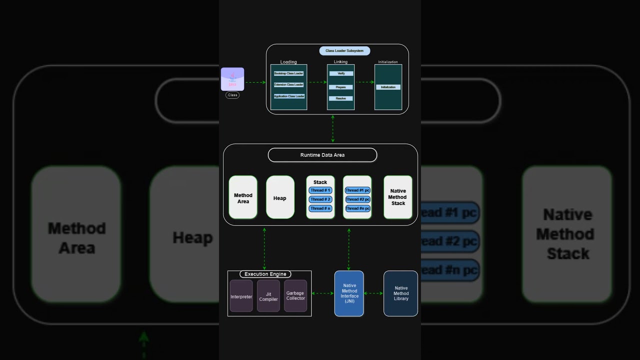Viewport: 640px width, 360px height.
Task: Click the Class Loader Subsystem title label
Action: click(x=344, y=50)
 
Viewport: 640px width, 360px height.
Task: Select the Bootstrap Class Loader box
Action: click(x=289, y=73)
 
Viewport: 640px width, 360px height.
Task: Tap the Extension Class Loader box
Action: click(x=289, y=84)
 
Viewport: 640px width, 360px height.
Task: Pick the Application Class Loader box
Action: click(x=289, y=96)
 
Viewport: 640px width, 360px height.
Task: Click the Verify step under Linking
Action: click(x=341, y=73)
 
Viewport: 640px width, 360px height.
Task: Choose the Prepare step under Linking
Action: click(x=341, y=87)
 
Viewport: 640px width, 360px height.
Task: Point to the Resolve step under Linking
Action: click(x=341, y=98)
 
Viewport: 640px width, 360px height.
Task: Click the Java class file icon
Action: click(x=232, y=79)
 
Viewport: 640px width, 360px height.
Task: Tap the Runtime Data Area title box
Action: click(x=322, y=155)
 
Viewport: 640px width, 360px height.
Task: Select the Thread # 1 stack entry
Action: click(x=320, y=190)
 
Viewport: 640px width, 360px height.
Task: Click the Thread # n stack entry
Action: click(x=320, y=208)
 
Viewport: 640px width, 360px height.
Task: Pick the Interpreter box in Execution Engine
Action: click(x=241, y=296)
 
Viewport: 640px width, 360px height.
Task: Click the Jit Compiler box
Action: click(x=268, y=296)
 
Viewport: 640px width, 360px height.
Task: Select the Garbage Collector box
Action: click(x=295, y=296)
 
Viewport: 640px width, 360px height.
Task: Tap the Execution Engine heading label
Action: click(x=265, y=274)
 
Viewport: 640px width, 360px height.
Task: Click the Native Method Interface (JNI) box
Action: click(x=349, y=293)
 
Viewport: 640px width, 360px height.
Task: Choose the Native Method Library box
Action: click(x=400, y=293)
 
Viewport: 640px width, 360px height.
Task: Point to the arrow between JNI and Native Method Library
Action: click(x=373, y=293)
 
